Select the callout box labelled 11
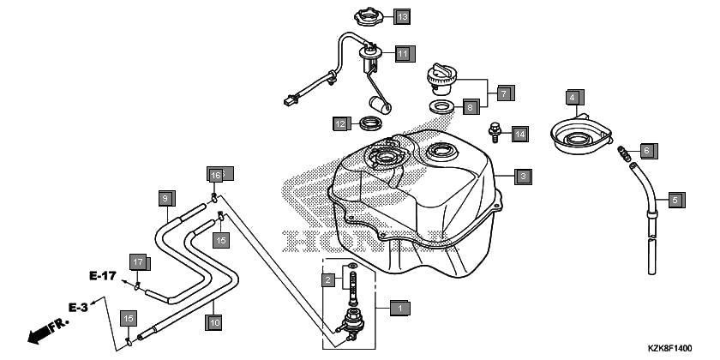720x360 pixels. (404, 53)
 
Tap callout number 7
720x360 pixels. (503, 92)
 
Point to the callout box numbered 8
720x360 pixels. (470, 108)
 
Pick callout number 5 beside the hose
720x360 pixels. (675, 201)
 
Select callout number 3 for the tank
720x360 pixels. (523, 177)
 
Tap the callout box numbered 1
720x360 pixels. (399, 306)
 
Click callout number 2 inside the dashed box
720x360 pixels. (327, 280)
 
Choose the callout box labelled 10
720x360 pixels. (214, 322)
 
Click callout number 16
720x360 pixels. (216, 175)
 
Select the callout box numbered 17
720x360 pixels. (138, 261)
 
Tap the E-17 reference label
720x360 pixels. (102, 276)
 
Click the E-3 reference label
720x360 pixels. (79, 306)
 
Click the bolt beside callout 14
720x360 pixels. (495, 133)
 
